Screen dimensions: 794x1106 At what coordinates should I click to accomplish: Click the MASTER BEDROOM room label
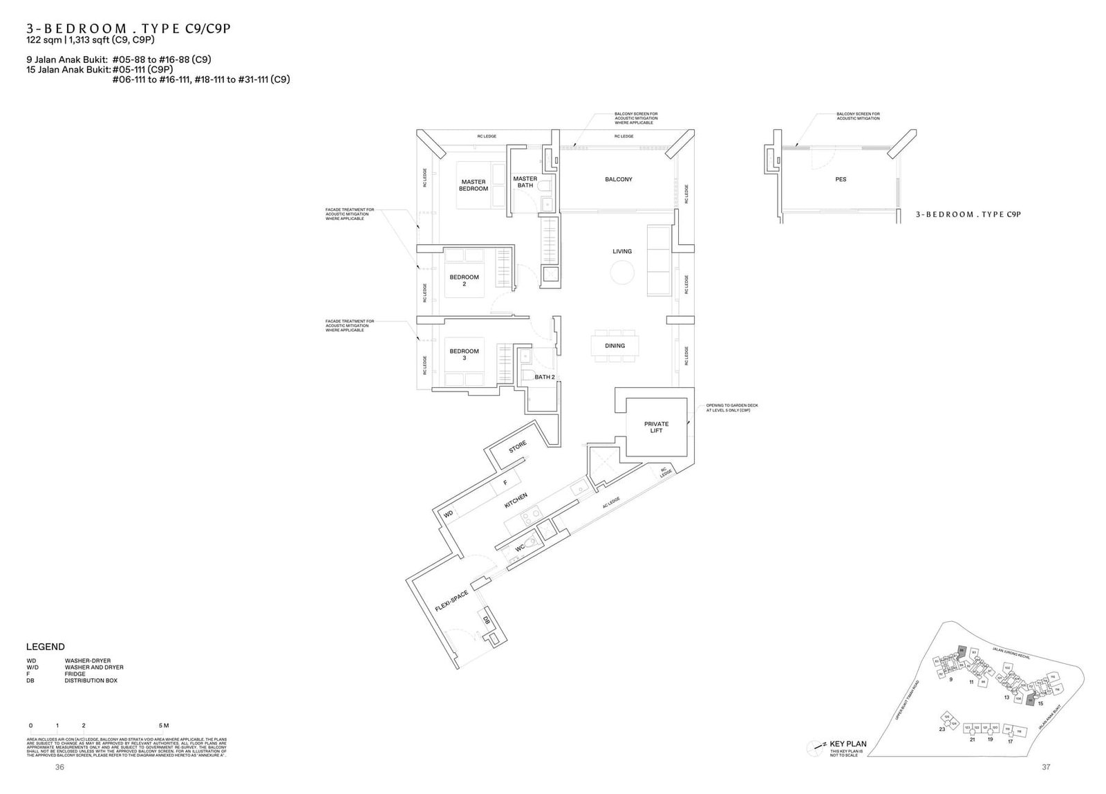tap(474, 185)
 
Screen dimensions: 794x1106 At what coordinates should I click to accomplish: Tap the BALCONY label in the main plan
tap(618, 179)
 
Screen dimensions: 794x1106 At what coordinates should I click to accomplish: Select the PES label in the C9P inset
tap(841, 179)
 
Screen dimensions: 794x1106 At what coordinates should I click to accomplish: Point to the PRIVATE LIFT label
tap(656, 427)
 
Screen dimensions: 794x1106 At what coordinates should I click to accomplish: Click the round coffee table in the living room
tap(622, 275)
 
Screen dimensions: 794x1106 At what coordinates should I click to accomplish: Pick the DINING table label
tap(615, 346)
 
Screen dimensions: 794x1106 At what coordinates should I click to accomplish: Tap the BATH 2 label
tap(544, 377)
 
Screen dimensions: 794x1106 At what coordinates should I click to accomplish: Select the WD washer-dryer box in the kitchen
tap(449, 514)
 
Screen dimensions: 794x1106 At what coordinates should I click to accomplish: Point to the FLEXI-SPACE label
tap(452, 601)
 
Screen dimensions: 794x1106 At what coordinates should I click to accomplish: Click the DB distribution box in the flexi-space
tap(486, 620)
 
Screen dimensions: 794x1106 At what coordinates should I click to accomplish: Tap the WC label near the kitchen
tap(520, 548)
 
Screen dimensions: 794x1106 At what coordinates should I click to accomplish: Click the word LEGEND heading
tap(46, 647)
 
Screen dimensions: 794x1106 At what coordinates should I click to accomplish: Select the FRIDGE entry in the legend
tap(75, 674)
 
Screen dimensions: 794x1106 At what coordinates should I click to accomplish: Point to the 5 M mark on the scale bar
tap(163, 726)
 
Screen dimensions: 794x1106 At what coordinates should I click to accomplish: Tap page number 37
tap(1045, 767)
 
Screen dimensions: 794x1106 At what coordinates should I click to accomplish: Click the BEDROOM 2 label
tap(464, 280)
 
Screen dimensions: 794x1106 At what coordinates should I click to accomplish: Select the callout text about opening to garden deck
tap(728, 408)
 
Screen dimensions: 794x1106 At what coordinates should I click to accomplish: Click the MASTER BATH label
tap(525, 182)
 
